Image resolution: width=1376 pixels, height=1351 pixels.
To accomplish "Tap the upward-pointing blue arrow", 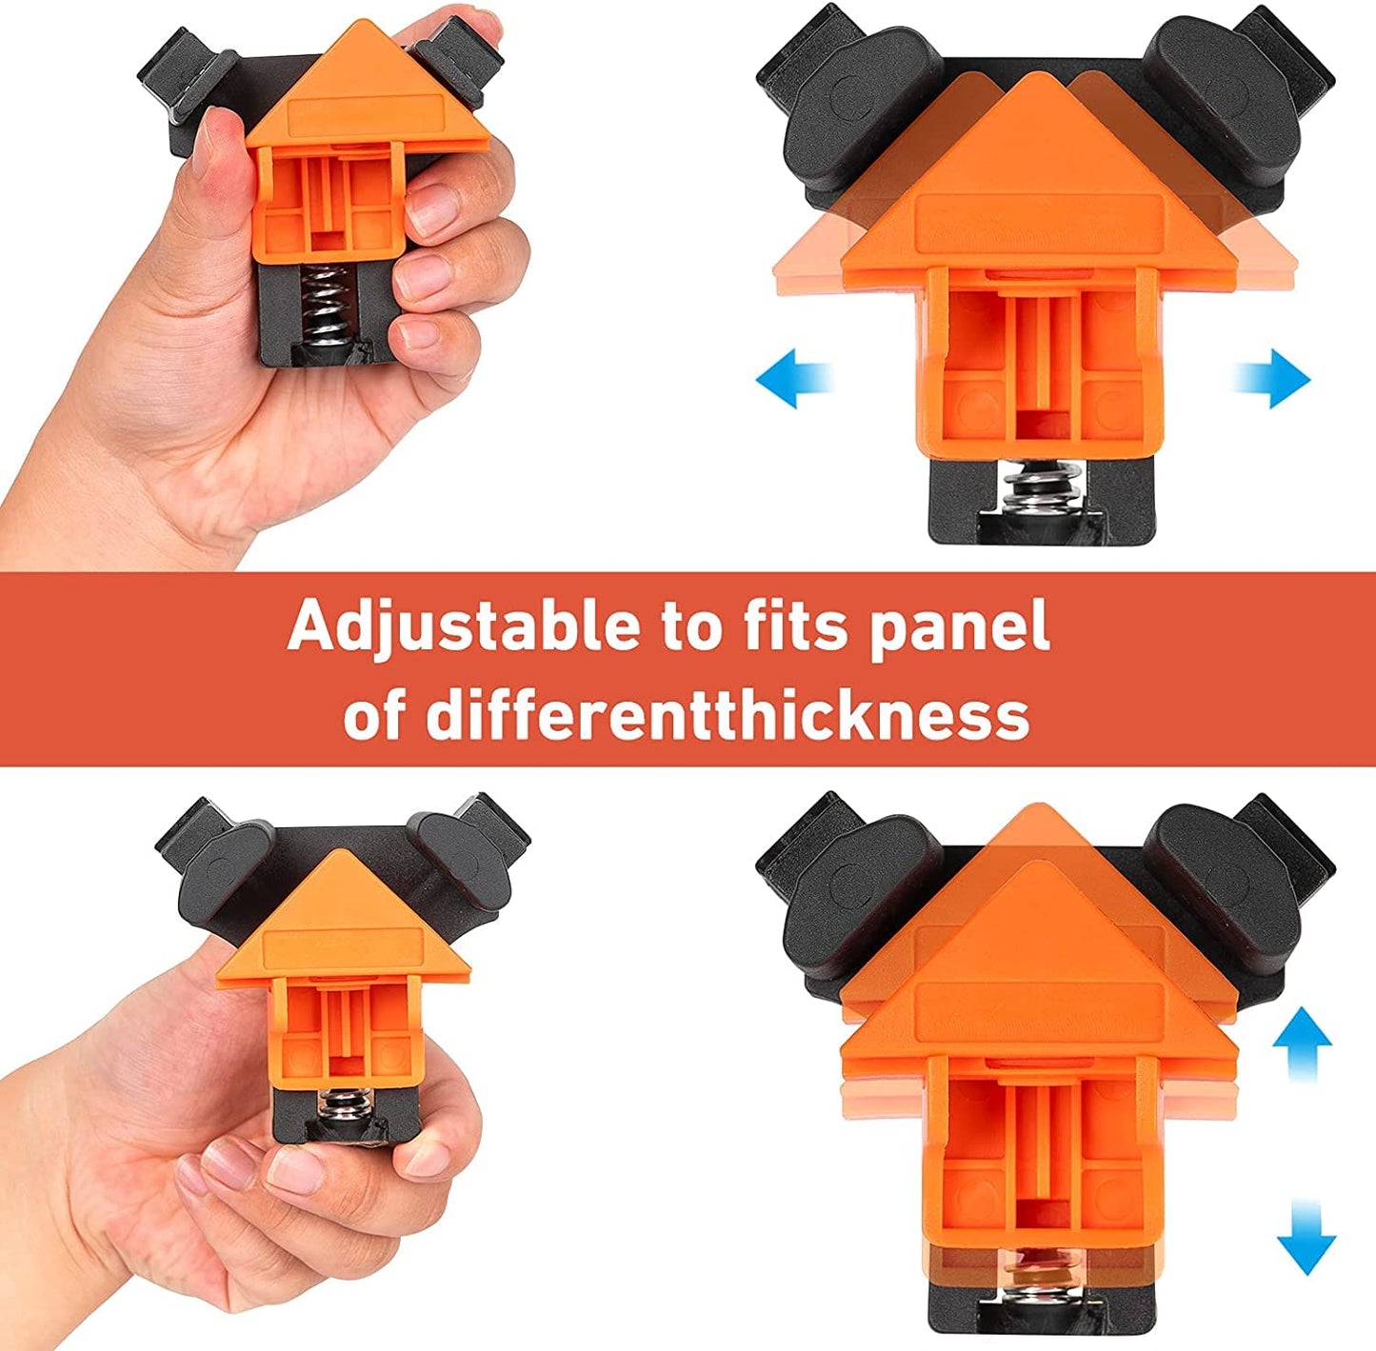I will click(1302, 1042).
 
